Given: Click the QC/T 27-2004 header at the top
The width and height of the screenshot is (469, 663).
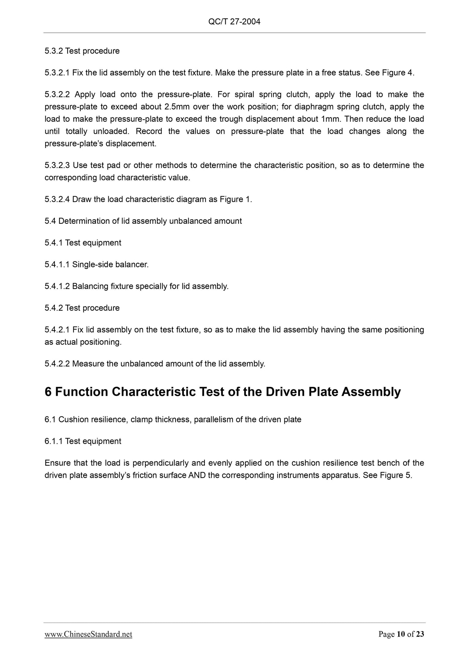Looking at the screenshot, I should (234, 22).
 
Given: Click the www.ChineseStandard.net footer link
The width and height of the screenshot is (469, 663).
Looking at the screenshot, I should (88, 634).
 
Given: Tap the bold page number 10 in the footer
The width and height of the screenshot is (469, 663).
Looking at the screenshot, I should (401, 634).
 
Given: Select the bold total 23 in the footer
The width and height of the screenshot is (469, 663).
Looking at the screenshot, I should (420, 634).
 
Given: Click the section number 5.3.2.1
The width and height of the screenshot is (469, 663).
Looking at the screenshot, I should (57, 73).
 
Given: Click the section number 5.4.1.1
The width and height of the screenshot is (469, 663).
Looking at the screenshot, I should (57, 265).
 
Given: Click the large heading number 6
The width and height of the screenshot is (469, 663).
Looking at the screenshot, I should (48, 392).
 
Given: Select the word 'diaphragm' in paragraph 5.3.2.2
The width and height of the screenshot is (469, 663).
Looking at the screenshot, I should (314, 107).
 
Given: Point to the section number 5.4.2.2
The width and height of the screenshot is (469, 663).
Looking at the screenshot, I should (57, 364).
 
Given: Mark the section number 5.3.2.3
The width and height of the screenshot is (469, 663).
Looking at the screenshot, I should (57, 165).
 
